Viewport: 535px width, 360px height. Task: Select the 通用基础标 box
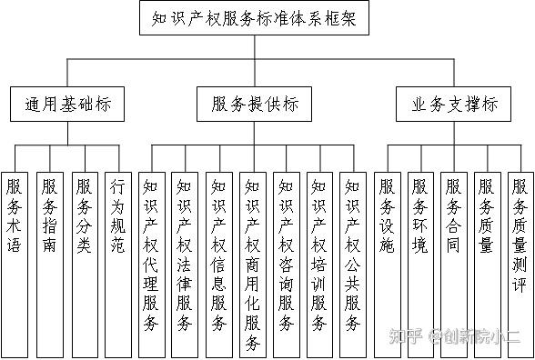click(68, 105)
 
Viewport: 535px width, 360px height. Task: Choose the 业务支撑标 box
click(448, 105)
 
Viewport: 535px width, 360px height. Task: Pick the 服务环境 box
click(419, 218)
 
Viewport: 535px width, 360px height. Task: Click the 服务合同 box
click(453, 218)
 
